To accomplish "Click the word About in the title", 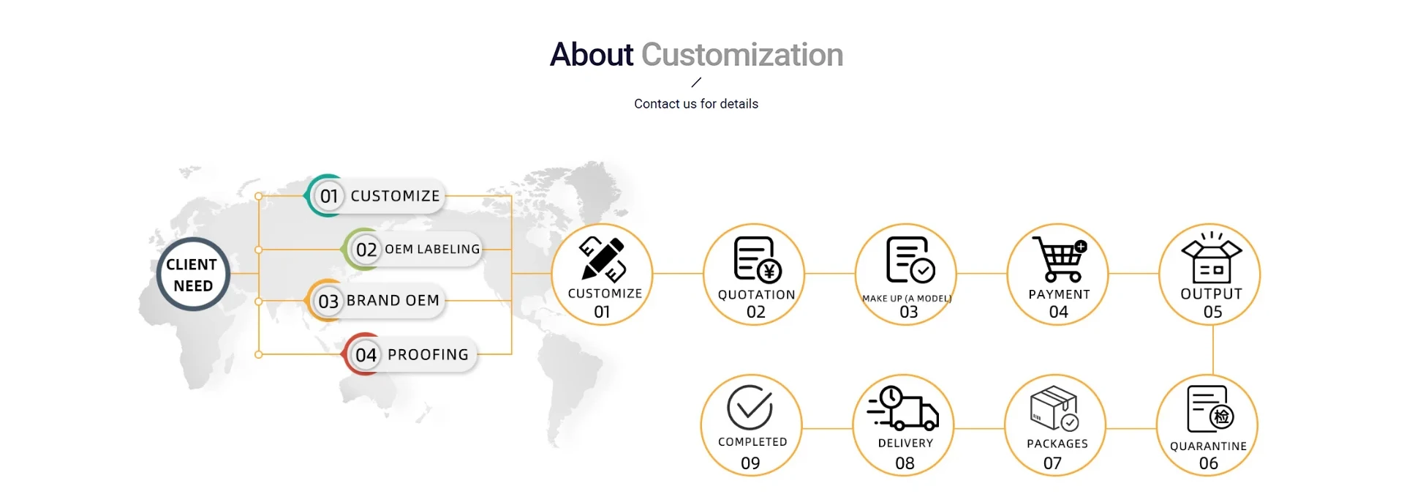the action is (591, 55).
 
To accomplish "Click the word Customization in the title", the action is (742, 55).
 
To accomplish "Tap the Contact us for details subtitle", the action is (696, 104).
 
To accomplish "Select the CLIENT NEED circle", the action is (193, 274).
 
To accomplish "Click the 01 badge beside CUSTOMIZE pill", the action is (329, 196).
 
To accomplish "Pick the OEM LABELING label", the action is (432, 249).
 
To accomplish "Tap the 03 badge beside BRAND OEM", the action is (328, 301).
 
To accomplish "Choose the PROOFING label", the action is (428, 355).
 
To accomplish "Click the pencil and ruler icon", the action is (603, 259).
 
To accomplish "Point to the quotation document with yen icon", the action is (758, 259).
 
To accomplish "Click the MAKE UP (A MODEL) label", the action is (907, 299).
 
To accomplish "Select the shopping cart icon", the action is (1060, 259).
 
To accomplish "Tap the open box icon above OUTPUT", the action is (1212, 258).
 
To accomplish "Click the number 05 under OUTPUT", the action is (1212, 313).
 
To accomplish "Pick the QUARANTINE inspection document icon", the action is (1210, 409).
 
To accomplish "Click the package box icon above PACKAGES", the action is (1054, 408).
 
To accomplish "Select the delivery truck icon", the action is (903, 408).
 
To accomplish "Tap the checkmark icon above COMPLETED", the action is (750, 407).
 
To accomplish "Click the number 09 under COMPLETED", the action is (750, 463).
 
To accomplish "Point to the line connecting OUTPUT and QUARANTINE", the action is (1212, 350).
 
